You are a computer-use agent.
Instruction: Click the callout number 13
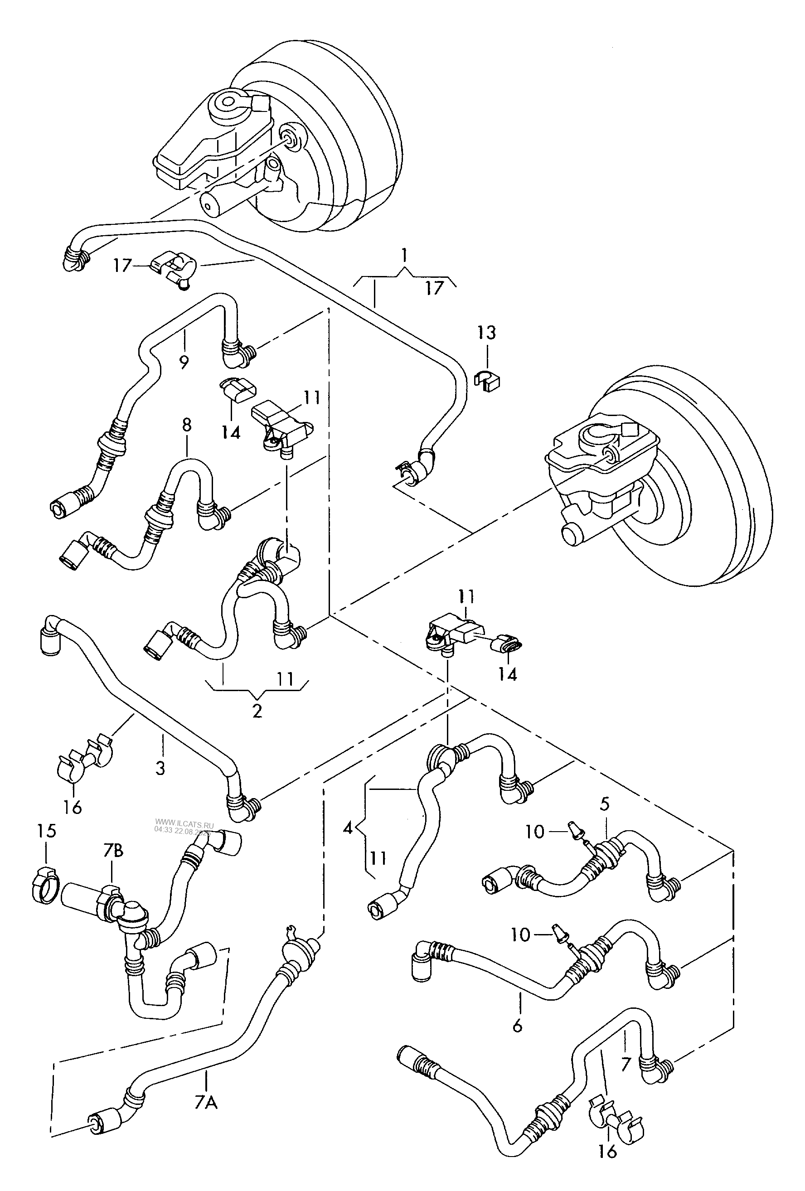(486, 333)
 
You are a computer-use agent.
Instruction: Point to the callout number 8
(186, 425)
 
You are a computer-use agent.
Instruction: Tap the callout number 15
(47, 831)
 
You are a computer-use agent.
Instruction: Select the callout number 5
(605, 804)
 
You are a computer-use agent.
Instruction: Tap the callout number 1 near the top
(405, 255)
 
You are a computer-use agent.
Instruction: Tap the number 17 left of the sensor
(123, 266)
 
